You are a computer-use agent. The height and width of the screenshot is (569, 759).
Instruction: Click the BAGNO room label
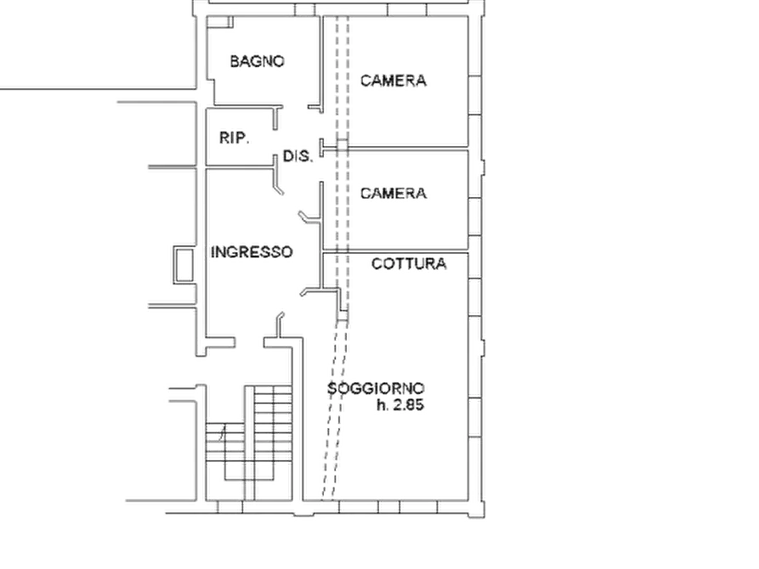(257, 61)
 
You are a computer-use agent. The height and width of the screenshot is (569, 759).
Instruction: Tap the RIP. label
(235, 138)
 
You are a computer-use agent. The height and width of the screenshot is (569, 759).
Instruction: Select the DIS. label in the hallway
(297, 156)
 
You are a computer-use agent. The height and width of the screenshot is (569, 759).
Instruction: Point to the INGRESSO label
(252, 252)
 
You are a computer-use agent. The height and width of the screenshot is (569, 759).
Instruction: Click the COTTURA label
(409, 264)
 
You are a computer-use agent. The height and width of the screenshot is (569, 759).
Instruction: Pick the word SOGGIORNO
(377, 388)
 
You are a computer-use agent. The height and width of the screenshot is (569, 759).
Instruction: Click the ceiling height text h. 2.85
(400, 405)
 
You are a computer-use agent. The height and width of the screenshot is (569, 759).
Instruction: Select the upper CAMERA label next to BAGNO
(393, 81)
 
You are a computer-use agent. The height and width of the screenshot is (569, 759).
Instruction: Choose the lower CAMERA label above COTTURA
(393, 194)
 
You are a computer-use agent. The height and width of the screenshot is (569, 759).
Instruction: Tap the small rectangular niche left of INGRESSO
(184, 265)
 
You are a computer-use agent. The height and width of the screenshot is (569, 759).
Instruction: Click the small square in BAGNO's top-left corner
(228, 22)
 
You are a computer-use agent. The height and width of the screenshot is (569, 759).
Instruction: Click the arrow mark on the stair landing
(223, 433)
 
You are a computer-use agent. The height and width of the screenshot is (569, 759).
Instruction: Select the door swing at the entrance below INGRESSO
(280, 325)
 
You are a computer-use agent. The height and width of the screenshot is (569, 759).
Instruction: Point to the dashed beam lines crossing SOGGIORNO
(335, 411)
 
